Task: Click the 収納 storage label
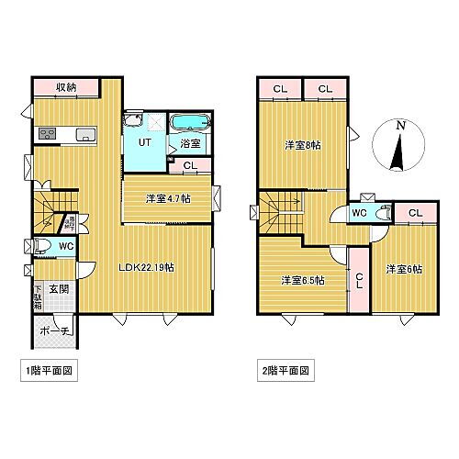[x=64, y=88]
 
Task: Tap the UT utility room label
[x=145, y=142]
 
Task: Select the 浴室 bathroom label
[x=190, y=144]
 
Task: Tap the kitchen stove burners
[x=45, y=135]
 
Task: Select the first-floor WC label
[x=65, y=247]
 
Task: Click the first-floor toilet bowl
[x=40, y=246]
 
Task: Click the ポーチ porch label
[x=54, y=327]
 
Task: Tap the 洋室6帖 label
[x=404, y=269]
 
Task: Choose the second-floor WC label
[x=360, y=213]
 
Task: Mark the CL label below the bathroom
[x=189, y=166]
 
